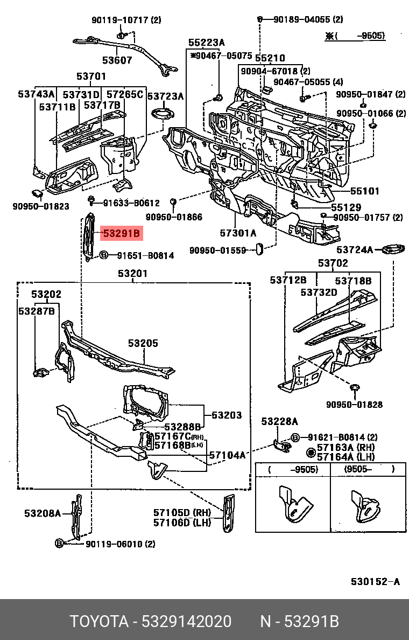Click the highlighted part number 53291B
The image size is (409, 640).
(122, 233)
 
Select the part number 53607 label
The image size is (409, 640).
(117, 60)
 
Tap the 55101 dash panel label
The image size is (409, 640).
(365, 191)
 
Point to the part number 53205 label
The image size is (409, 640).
(143, 343)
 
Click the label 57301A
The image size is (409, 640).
(238, 233)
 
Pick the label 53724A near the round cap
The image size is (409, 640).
(355, 250)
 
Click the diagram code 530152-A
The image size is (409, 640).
(375, 581)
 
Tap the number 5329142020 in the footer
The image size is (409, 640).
(186, 622)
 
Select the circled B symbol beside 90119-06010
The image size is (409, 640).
(59, 544)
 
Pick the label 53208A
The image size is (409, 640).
(43, 513)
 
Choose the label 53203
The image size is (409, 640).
(227, 415)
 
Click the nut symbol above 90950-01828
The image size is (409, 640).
(355, 389)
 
